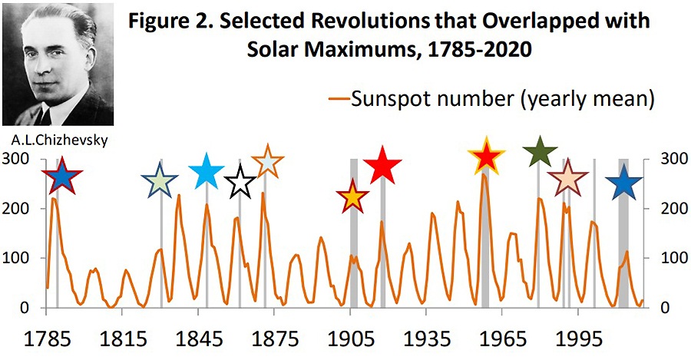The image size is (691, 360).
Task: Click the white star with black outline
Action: [x=240, y=182]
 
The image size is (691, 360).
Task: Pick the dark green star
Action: [x=539, y=153]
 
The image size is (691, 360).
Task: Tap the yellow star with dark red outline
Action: [x=353, y=196]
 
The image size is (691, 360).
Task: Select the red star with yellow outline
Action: [x=485, y=157]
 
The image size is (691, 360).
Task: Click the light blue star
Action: [x=206, y=171]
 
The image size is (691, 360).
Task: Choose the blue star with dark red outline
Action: [x=63, y=177]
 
